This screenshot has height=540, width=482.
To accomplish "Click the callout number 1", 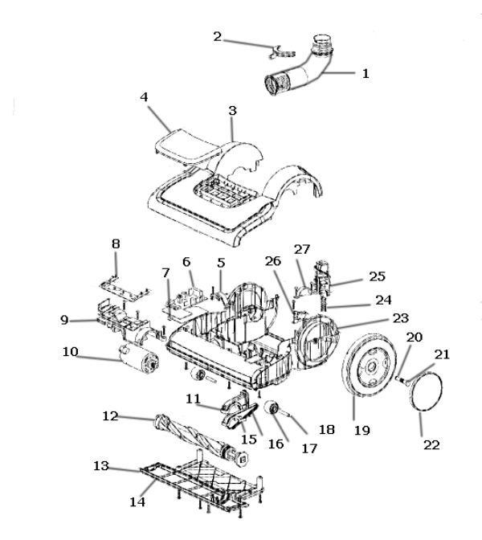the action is pos(366,73).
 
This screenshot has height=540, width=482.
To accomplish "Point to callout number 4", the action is pos(144,96).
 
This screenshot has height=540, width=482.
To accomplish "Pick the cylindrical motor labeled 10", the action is pos(138,359).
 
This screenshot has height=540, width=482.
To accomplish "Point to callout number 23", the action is pos(400,318).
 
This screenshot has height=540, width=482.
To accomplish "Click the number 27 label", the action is pos(302,249).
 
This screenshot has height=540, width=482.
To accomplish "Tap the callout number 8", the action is pos(116,243).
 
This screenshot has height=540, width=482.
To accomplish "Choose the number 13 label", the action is pos(101,465).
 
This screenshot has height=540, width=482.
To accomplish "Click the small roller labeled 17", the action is pos(272,408).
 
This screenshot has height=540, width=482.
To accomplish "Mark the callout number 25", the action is pos(377,276).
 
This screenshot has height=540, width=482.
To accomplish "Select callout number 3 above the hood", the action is pos(232,111).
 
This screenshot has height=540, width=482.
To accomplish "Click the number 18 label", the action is pos(327,429).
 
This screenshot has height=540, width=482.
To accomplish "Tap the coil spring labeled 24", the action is pos(323,304).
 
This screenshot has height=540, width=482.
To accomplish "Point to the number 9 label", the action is pos(64,320).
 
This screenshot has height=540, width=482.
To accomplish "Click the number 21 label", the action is pos(442,354).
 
